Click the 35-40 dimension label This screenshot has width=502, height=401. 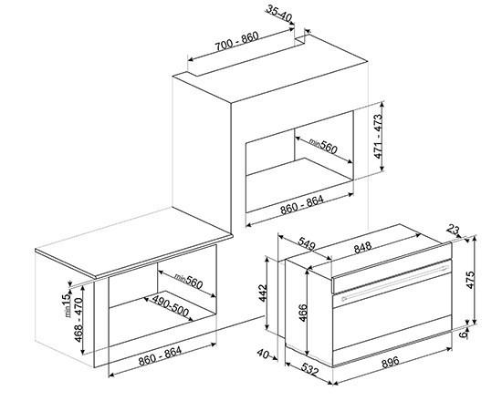[279, 14]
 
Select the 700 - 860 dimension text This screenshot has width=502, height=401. [236, 41]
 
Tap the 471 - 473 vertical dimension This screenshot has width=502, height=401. [379, 136]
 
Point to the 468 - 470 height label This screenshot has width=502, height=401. [78, 320]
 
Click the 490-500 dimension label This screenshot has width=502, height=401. [170, 306]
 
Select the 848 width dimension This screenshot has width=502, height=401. [362, 247]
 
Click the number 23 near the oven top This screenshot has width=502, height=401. [453, 230]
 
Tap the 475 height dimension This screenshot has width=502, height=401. [470, 280]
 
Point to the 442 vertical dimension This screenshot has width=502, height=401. [263, 293]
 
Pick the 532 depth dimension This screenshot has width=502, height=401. [310, 370]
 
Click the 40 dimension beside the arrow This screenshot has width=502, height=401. [263, 354]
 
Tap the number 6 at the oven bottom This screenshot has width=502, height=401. [463, 334]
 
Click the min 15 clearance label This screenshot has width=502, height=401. [66, 305]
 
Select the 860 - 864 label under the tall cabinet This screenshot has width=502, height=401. [302, 205]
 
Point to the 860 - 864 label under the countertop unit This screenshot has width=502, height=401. [160, 355]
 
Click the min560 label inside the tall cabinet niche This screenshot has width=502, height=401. [323, 147]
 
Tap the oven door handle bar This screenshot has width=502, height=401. [395, 282]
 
